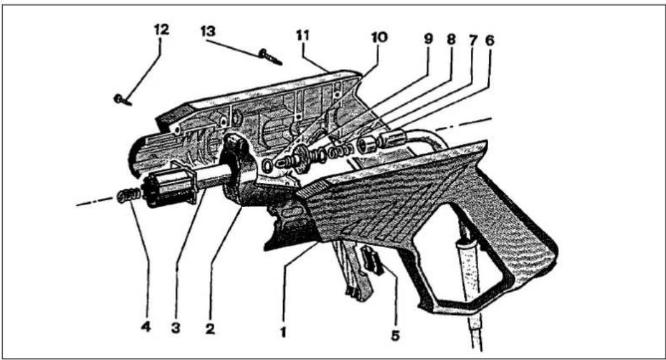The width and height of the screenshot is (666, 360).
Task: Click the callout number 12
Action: click(x=161, y=30)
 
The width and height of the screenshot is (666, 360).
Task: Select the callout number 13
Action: click(x=208, y=31)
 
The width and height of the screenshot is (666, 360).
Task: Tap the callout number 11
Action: click(x=303, y=36)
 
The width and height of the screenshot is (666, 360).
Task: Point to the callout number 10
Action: click(x=379, y=38)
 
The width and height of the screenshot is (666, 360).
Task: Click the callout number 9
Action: click(x=428, y=39)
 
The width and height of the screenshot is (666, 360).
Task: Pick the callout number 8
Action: click(x=451, y=39)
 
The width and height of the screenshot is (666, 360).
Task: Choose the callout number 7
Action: click(x=473, y=40)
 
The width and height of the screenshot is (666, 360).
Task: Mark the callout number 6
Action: click(x=489, y=40)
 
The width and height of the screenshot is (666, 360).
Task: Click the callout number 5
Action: click(x=395, y=335)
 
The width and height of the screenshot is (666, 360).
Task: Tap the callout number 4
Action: click(x=146, y=327)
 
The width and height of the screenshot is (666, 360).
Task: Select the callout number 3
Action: click(x=176, y=328)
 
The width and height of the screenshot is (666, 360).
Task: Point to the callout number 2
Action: click(x=210, y=328)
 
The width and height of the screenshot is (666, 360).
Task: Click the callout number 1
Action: click(x=283, y=331)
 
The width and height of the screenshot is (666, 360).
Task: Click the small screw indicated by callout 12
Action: click(x=122, y=100)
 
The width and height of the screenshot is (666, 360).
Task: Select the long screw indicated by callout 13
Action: click(x=270, y=57)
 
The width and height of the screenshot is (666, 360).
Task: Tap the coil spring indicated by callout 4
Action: click(x=129, y=195)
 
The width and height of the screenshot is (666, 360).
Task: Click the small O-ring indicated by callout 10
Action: click(x=267, y=166)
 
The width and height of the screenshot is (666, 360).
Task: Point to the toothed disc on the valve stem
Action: click(x=301, y=159)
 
